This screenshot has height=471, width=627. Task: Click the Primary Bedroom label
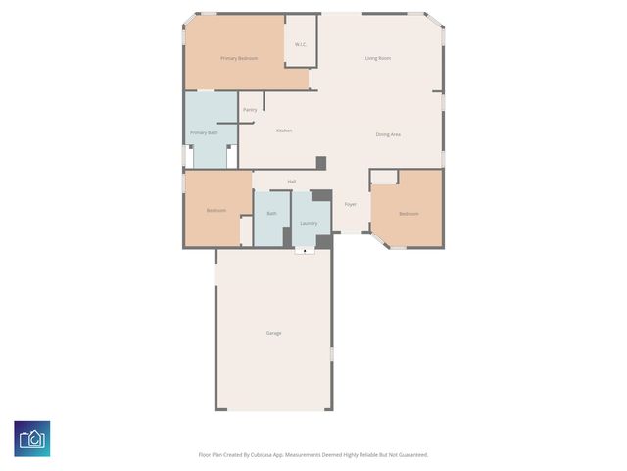tap(239, 59)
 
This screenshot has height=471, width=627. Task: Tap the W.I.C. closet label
tap(302, 44)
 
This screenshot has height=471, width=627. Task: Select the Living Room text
tap(378, 59)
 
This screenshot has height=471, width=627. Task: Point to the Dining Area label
tap(388, 134)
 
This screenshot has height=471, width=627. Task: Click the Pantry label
tap(250, 110)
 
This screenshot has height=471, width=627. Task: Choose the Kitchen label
tap(284, 131)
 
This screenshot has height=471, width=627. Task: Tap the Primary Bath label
tap(204, 132)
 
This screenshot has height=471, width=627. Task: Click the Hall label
tap(292, 182)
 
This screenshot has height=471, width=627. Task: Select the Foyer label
tap(350, 204)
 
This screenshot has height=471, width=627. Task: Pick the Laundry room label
tap(309, 223)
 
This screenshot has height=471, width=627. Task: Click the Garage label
tap(274, 333)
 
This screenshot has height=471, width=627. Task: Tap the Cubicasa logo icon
tap(32, 439)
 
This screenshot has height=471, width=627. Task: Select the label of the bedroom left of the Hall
tap(217, 211)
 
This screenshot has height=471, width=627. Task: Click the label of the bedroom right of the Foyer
tap(409, 214)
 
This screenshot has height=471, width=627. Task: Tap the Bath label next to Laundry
tap(271, 213)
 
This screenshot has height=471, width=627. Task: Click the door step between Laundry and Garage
tap(305, 251)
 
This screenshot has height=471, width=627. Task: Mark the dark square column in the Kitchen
tap(320, 163)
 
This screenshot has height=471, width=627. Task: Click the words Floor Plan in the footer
tap(212, 455)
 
